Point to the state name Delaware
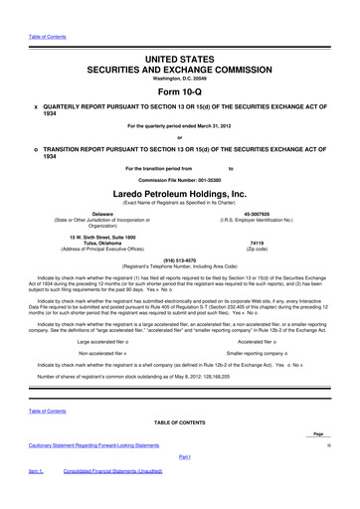tap(102, 213)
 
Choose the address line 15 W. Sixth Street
tap(102, 236)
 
